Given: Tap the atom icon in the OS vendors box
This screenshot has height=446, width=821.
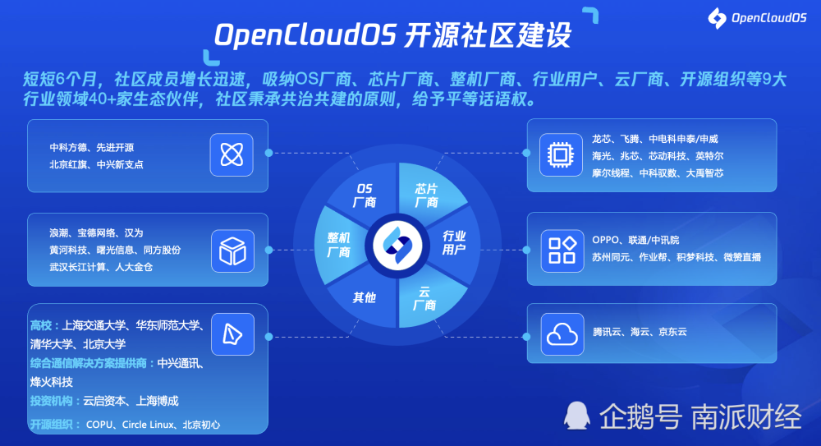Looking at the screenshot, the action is (232, 154).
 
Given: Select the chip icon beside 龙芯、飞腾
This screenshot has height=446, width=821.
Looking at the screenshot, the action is (561, 154).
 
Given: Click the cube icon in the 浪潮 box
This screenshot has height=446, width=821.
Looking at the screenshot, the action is (232, 251).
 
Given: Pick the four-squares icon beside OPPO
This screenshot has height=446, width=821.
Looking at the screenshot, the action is (562, 251).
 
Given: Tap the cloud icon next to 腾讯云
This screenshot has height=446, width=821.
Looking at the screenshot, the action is (562, 333).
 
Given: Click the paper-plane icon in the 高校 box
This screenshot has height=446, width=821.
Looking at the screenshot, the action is (232, 333).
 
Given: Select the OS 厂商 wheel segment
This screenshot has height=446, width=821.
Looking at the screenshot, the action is (364, 193).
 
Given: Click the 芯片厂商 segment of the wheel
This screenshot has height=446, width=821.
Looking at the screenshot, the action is (429, 193).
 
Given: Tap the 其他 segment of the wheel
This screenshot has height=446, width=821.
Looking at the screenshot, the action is (363, 297).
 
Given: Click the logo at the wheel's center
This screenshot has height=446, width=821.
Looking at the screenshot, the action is (397, 246).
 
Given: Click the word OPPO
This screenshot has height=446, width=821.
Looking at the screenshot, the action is (605, 240).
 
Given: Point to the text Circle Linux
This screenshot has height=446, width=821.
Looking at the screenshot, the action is (148, 425).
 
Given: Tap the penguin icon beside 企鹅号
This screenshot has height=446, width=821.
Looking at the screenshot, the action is (576, 416).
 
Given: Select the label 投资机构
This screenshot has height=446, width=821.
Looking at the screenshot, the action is (51, 401).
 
